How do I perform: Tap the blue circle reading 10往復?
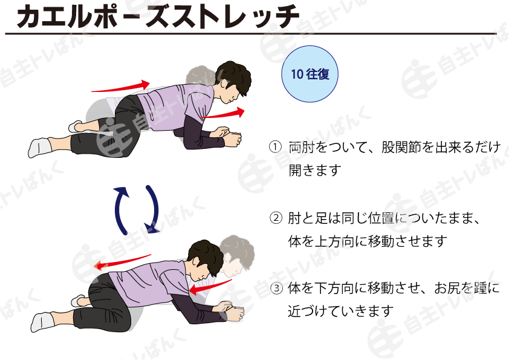[310, 74]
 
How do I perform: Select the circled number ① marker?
[275, 147]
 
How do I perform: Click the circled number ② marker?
[276, 218]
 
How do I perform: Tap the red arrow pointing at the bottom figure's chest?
[210, 286]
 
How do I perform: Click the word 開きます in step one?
[315, 170]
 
